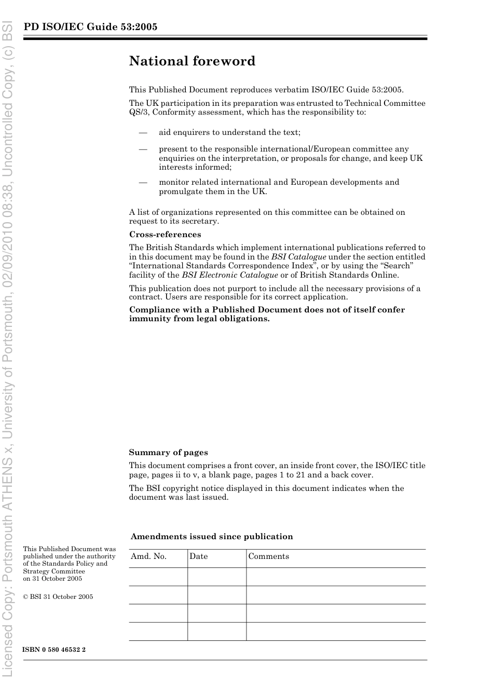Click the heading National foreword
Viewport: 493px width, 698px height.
click(192, 61)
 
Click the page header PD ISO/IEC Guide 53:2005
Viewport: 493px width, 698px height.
click(90, 27)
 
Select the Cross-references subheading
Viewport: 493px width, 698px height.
click(165, 235)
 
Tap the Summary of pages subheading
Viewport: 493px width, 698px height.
click(168, 453)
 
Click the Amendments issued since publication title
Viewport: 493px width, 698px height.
click(212, 537)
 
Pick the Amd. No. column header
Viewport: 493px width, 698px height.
click(148, 556)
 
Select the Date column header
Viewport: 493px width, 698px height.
click(198, 556)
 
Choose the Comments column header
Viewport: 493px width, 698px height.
click(268, 556)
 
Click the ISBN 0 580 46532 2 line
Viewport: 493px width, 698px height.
click(54, 650)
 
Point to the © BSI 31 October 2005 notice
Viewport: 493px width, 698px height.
click(58, 597)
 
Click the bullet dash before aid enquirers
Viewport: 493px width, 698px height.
click(143, 132)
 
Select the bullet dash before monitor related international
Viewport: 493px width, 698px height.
click(143, 182)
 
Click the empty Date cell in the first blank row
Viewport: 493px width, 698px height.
click(216, 577)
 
